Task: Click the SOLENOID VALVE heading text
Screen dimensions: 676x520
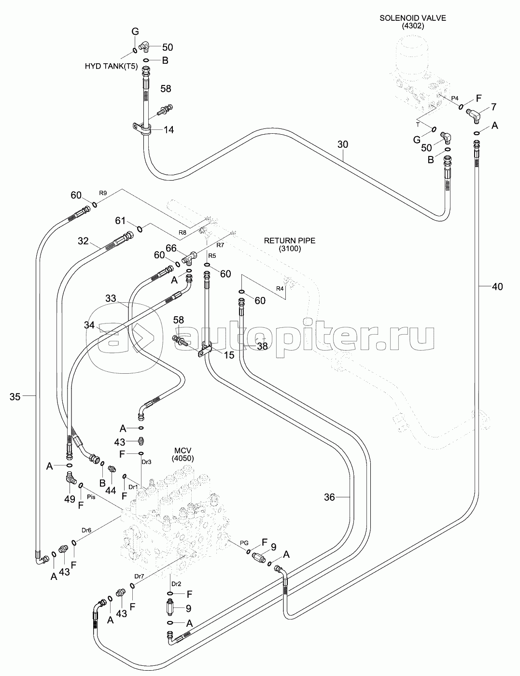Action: coord(412,18)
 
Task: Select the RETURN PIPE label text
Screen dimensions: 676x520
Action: coord(290,240)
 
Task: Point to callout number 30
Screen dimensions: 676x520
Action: coord(342,144)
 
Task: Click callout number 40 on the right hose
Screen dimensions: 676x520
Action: coord(497,287)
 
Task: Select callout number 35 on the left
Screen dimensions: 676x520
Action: coord(15,396)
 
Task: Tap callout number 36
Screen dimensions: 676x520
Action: coord(329,497)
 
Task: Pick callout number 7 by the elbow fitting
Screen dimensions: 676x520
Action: coord(493,107)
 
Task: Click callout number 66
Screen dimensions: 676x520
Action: coord(171,248)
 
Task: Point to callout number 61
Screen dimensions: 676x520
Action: coord(121,221)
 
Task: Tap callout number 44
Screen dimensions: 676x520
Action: coord(111,490)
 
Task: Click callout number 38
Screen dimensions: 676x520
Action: coord(262,346)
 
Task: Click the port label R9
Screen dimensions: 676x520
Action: coord(103,193)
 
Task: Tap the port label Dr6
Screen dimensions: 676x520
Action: coord(86,530)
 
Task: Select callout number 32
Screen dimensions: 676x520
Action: coord(84,241)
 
